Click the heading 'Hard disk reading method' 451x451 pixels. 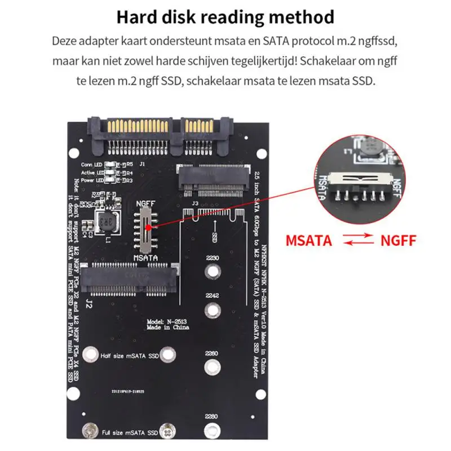point(225,17)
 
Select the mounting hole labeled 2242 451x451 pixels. point(213,309)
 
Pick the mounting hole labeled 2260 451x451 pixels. point(212,368)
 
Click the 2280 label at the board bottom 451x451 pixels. point(211,417)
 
